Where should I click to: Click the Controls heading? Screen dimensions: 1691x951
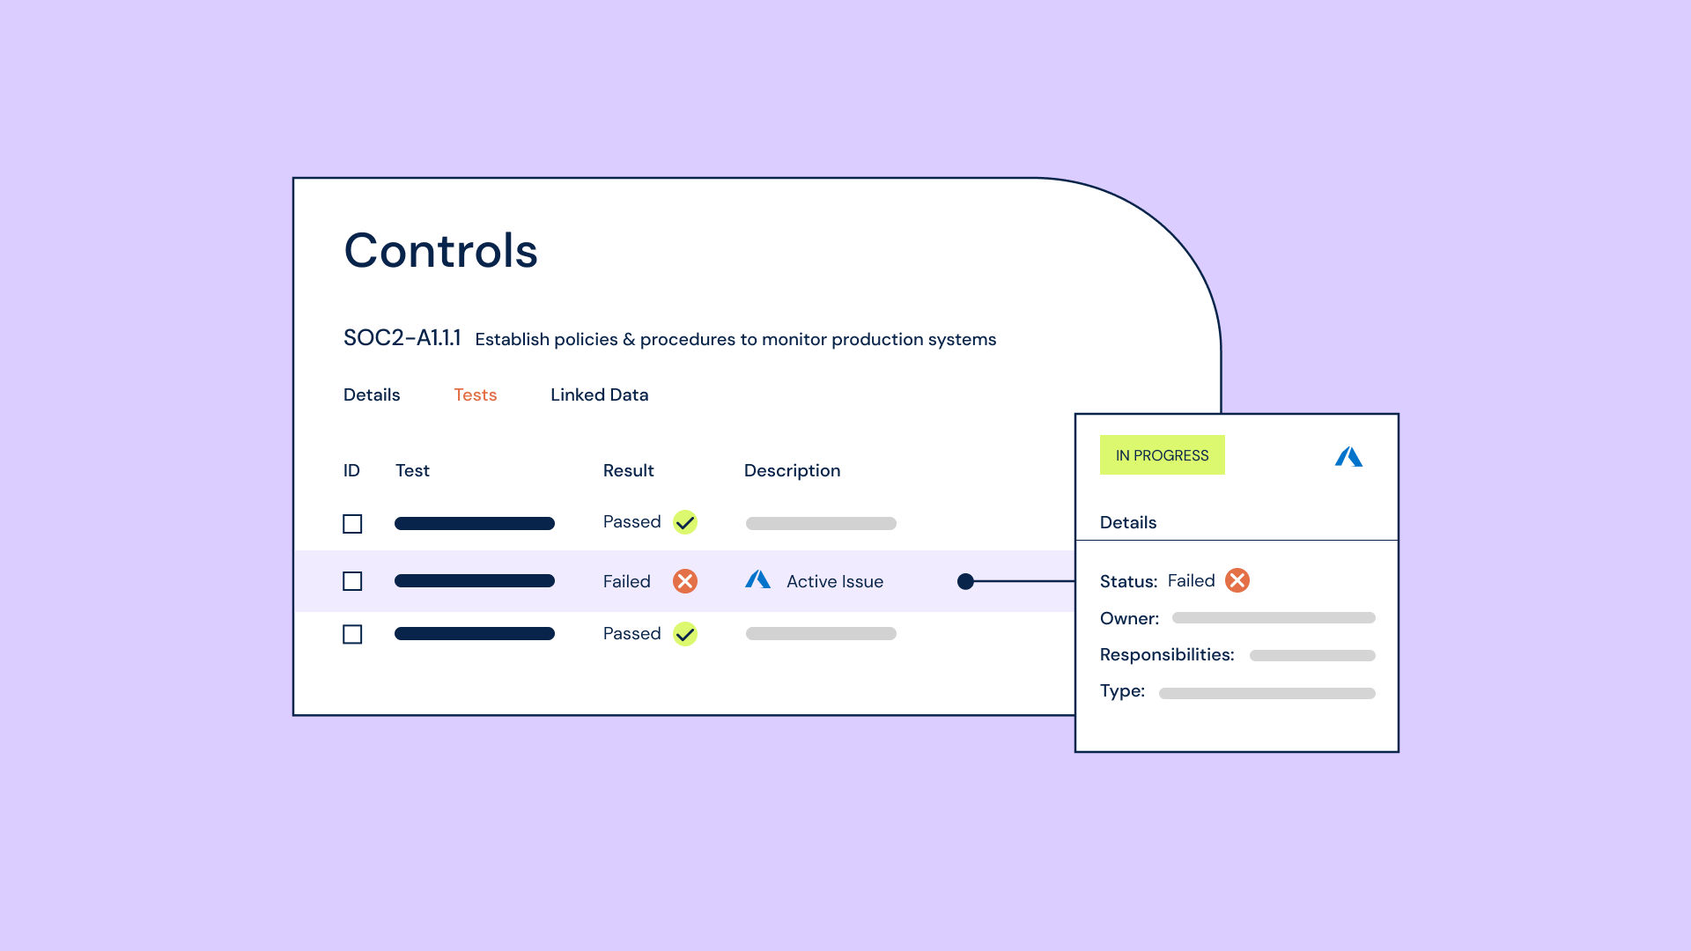(440, 250)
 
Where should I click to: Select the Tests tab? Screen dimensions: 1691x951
(476, 394)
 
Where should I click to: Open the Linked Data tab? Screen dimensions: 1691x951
(600, 394)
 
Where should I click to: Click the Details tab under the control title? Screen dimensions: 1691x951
(372, 394)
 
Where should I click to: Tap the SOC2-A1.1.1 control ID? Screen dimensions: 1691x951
(402, 338)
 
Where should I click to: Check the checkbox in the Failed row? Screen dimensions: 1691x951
(352, 581)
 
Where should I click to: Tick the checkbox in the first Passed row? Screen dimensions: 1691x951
(352, 524)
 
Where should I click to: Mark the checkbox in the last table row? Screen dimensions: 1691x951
(352, 634)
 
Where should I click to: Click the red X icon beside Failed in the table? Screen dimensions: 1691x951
(685, 581)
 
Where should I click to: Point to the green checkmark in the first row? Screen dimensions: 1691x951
(685, 522)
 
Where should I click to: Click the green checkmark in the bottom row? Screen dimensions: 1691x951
(685, 634)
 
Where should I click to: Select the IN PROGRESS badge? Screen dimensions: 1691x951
(1163, 455)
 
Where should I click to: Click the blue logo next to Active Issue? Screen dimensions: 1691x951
(758, 579)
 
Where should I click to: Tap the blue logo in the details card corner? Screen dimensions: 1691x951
(1348, 457)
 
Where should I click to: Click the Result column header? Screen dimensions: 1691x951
(629, 470)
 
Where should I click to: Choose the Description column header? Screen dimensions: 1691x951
(793, 471)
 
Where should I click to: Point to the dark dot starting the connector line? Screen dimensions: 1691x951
(965, 581)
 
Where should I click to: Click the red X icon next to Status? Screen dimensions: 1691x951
(1237, 580)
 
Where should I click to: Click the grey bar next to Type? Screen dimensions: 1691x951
(1267, 694)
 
